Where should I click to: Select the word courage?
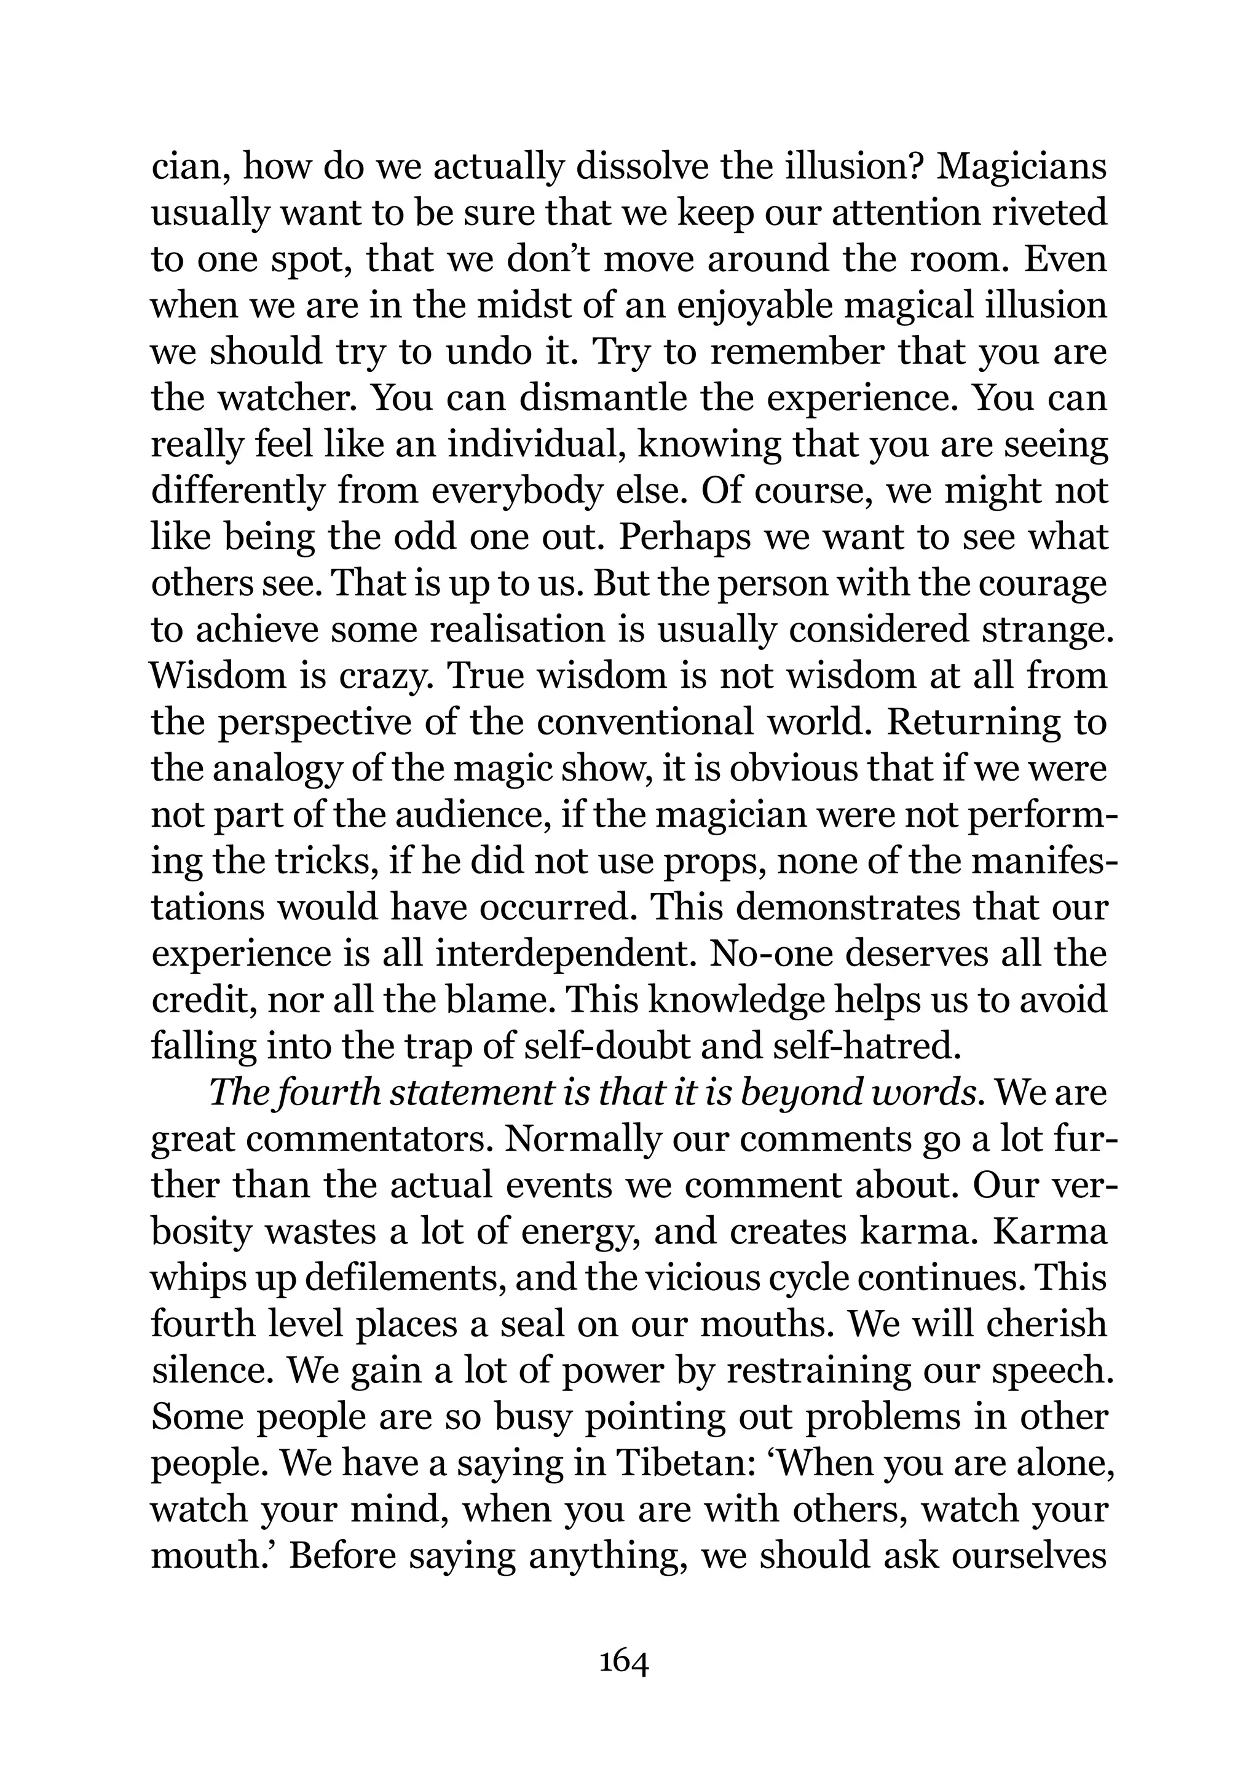[1042, 585]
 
